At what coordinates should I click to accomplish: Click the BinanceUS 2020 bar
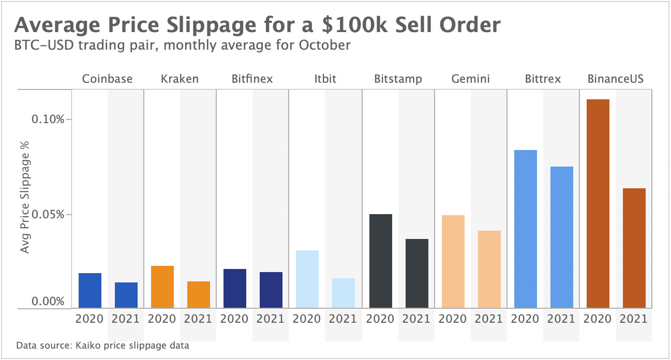[598, 204]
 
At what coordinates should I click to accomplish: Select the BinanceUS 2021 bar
[634, 248]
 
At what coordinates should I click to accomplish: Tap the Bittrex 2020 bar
[525, 229]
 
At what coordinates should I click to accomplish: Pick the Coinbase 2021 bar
[126, 295]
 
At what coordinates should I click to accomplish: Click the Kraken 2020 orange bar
[162, 287]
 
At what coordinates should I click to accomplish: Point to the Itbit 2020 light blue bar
[307, 279]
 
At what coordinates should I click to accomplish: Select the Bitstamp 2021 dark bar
[416, 274]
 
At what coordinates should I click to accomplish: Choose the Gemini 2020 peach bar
[453, 262]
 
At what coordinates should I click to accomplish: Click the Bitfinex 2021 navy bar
[271, 290]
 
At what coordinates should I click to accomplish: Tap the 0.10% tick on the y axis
[48, 119]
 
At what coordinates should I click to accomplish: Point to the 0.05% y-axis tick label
[48, 215]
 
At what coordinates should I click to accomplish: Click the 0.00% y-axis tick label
[48, 302]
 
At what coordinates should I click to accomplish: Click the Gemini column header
[470, 79]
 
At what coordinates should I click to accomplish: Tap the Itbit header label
[325, 79]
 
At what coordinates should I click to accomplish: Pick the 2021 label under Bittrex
[561, 319]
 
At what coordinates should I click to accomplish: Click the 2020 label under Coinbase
[90, 319]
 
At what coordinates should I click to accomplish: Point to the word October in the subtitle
[324, 45]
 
